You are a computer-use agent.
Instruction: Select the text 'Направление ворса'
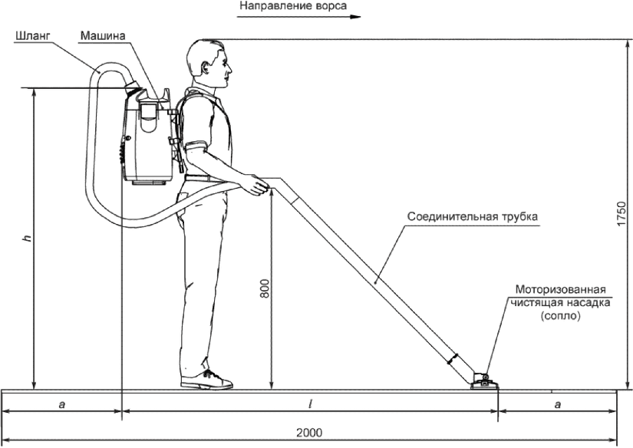285,7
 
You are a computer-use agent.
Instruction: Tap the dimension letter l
308,404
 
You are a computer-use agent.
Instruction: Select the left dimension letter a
61,404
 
